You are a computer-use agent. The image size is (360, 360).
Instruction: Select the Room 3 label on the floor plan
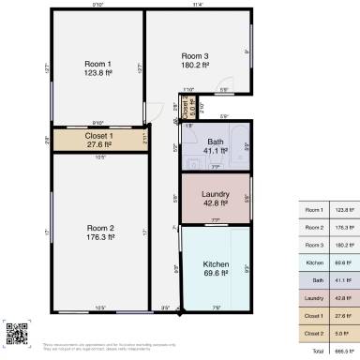pyautogui.click(x=195, y=56)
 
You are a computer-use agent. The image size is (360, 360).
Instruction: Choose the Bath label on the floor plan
pyautogui.click(x=216, y=141)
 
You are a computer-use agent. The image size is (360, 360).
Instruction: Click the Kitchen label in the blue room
pyautogui.click(x=216, y=264)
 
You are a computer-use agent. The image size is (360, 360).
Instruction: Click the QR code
pyautogui.click(x=14, y=331)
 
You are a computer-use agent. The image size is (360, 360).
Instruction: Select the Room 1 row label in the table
pyautogui.click(x=314, y=209)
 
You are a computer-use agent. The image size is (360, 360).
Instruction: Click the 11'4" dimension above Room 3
pyautogui.click(x=197, y=5)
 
